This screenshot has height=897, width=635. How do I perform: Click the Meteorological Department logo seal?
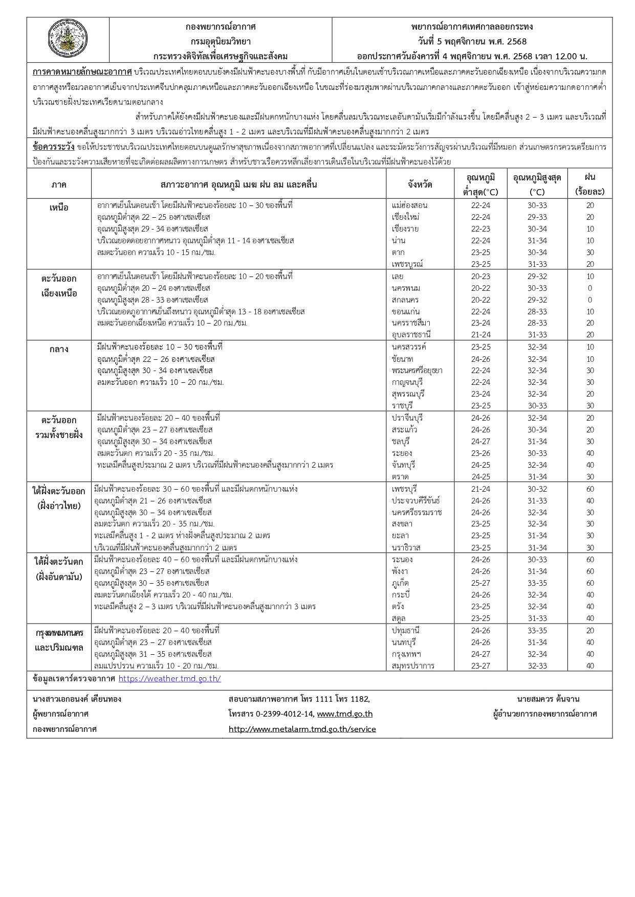68,40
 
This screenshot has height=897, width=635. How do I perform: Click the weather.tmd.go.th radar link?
169,679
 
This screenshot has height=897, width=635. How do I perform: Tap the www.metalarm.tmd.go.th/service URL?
302,729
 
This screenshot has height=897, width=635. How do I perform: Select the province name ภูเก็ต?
400,583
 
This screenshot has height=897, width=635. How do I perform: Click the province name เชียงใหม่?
405,217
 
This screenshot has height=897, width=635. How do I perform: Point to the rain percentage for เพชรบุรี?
590,489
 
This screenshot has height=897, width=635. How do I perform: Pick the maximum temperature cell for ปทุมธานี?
537,631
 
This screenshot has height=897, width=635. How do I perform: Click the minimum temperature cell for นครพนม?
480,288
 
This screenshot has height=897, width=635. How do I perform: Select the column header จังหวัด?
420,185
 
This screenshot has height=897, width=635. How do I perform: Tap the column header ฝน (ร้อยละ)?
590,185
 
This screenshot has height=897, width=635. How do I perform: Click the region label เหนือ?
59,208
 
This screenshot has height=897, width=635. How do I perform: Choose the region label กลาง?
59,350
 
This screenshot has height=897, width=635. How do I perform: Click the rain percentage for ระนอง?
590,560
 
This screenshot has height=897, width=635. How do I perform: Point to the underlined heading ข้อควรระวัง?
53,147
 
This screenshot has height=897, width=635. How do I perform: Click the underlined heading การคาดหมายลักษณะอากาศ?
82,72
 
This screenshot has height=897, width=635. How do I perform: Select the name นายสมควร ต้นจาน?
548,699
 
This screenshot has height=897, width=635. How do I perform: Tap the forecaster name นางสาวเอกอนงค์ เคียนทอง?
77,699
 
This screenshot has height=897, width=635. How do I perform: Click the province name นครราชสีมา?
411,323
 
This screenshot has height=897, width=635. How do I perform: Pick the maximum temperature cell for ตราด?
537,477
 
